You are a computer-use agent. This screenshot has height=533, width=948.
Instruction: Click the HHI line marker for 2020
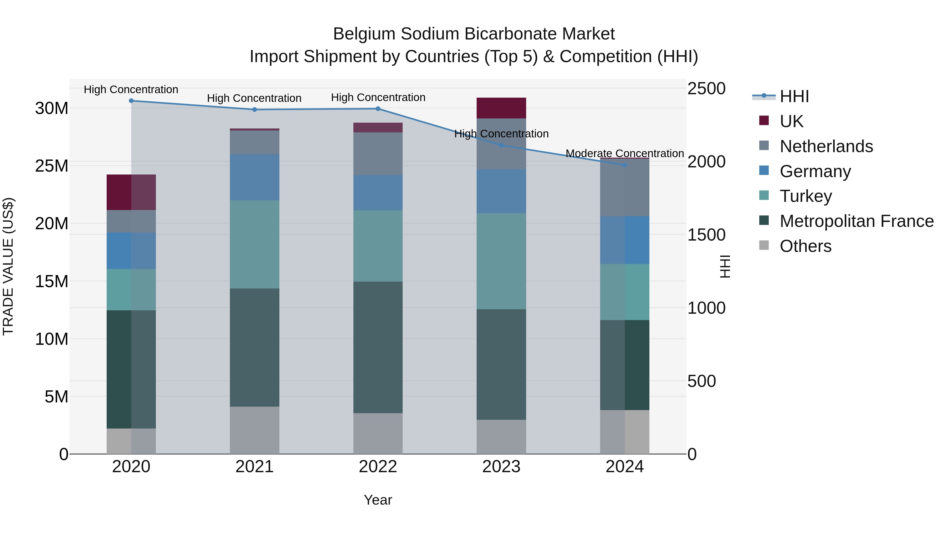[131, 101]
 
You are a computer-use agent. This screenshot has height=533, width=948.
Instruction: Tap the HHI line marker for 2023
[501, 146]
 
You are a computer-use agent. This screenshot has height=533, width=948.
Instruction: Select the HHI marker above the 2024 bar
[625, 165]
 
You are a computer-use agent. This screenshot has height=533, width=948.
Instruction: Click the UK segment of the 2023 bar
[501, 108]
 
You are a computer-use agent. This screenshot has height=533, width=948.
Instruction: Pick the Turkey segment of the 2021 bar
[254, 244]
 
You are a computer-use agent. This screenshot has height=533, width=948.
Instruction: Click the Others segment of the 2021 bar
[254, 430]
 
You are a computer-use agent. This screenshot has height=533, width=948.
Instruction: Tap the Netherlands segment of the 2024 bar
[625, 188]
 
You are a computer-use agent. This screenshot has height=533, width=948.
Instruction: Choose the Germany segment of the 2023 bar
[501, 191]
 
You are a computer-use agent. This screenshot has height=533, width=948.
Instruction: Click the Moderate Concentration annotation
[625, 153]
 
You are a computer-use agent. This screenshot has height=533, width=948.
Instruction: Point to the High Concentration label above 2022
[378, 97]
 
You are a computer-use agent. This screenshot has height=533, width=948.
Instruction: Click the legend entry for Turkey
[806, 196]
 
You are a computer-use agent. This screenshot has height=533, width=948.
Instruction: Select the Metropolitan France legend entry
[856, 221]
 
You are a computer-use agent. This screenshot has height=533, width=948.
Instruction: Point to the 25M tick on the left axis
[52, 166]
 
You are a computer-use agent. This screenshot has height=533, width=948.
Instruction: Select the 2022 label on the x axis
[378, 467]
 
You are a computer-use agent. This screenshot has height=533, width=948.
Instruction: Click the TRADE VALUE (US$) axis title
[8, 266]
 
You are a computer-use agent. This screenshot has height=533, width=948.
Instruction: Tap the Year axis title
[378, 500]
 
